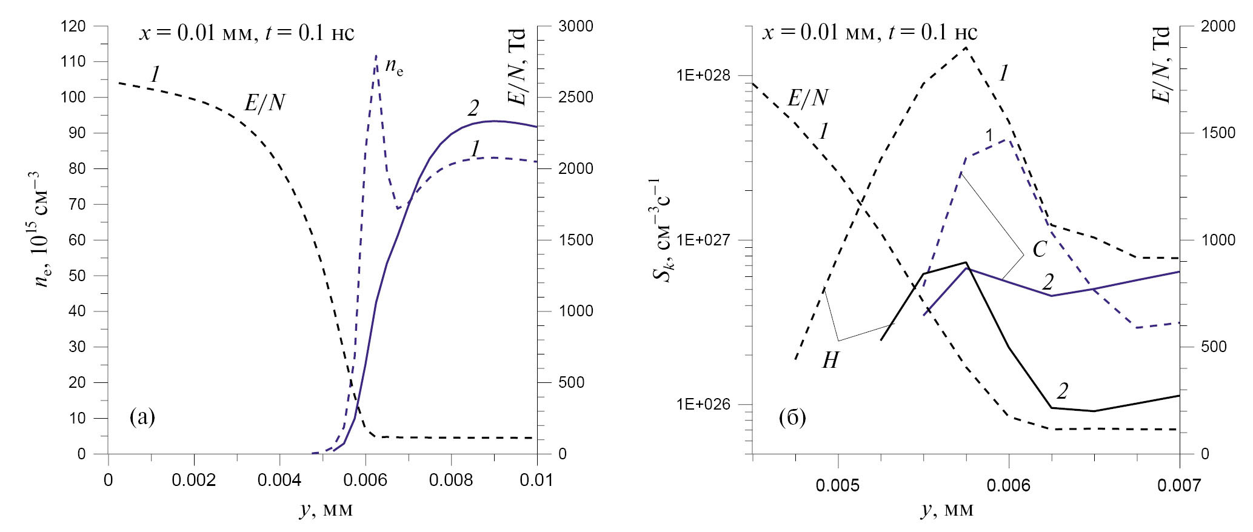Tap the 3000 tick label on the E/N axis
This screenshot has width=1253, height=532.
[576, 27]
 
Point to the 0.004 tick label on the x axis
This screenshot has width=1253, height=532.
[279, 480]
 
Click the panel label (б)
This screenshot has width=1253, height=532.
[792, 417]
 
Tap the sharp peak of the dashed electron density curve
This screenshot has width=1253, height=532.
[376, 56]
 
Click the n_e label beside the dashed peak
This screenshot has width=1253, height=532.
[394, 68]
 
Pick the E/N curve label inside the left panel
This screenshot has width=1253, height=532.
[264, 103]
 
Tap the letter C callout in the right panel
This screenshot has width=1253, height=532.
[1039, 249]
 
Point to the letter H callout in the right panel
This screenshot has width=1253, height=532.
[830, 361]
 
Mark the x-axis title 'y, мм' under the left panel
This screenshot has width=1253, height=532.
[326, 510]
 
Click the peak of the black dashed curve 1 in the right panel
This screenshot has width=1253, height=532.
[966, 47]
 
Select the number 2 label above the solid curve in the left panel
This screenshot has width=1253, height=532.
[473, 108]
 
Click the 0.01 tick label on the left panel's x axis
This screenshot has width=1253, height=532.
[537, 480]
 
